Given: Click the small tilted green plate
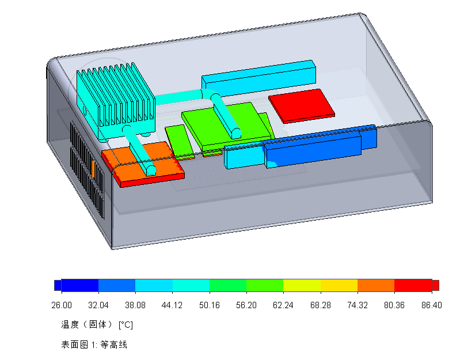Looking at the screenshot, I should [178, 140].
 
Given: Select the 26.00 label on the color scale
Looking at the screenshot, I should [62, 305].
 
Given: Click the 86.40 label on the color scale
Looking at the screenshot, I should [431, 305].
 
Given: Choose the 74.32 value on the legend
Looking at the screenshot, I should [357, 305].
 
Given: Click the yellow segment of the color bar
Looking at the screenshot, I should [339, 286].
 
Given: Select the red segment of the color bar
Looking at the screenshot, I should [413, 286].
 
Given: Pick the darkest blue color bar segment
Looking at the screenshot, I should [79, 286].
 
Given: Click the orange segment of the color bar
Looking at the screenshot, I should [375, 286].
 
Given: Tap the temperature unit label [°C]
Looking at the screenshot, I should [125, 325].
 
